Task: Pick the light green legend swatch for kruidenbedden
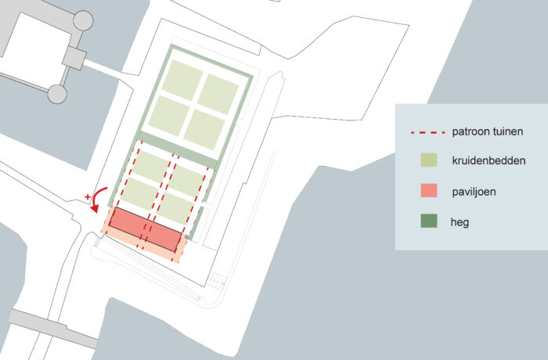[x=428, y=161]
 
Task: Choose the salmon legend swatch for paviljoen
[x=428, y=192]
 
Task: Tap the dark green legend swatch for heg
[x=428, y=222]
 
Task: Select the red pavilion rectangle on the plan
[x=145, y=229]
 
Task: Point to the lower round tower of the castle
[x=56, y=95]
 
